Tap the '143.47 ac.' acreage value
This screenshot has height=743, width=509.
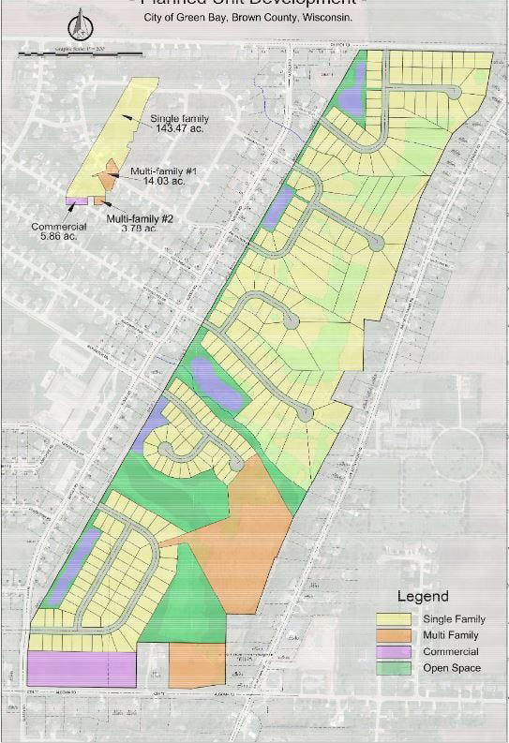pyautogui.click(x=179, y=129)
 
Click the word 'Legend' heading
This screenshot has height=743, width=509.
pyautogui.click(x=423, y=596)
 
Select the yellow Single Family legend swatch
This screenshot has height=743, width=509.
pyautogui.click(x=397, y=619)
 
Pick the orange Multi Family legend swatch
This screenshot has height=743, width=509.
pyautogui.click(x=397, y=635)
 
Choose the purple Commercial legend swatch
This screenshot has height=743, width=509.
pyautogui.click(x=397, y=651)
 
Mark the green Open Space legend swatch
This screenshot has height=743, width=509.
pyautogui.click(x=397, y=667)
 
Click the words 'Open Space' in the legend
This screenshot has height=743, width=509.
pyautogui.click(x=453, y=667)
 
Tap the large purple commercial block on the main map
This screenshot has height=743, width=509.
pyautogui.click(x=82, y=669)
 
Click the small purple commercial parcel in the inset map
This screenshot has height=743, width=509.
pyautogui.click(x=76, y=201)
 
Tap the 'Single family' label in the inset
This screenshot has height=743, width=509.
pyautogui.click(x=179, y=119)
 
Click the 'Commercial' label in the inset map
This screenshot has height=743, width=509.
pyautogui.click(x=59, y=226)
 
